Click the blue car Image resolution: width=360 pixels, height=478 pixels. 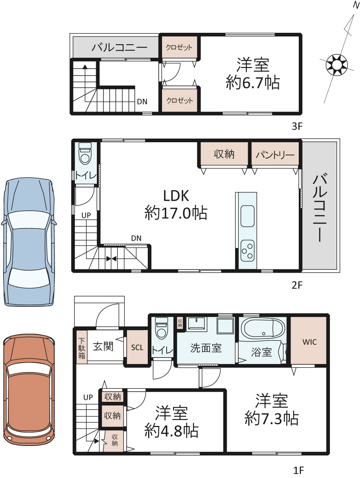(29, 242)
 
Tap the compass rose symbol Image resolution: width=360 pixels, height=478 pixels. (336, 65)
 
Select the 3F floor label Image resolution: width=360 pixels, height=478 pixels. (297, 126)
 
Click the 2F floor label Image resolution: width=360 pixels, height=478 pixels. (297, 285)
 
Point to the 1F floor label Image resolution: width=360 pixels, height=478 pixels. (298, 471)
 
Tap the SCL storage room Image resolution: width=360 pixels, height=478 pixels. (137, 347)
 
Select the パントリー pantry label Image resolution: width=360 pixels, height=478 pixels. (275, 155)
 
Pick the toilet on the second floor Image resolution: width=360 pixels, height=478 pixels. (85, 153)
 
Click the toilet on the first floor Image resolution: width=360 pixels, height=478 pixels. (162, 328)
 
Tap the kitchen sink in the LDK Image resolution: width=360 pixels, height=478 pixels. (247, 216)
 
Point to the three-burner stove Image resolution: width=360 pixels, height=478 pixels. (247, 251)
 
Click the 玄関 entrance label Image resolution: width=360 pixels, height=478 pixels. (103, 346)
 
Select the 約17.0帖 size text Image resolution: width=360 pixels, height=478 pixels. (176, 213)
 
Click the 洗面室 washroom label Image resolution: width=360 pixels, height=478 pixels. (206, 348)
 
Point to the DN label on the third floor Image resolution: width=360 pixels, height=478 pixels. (142, 102)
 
